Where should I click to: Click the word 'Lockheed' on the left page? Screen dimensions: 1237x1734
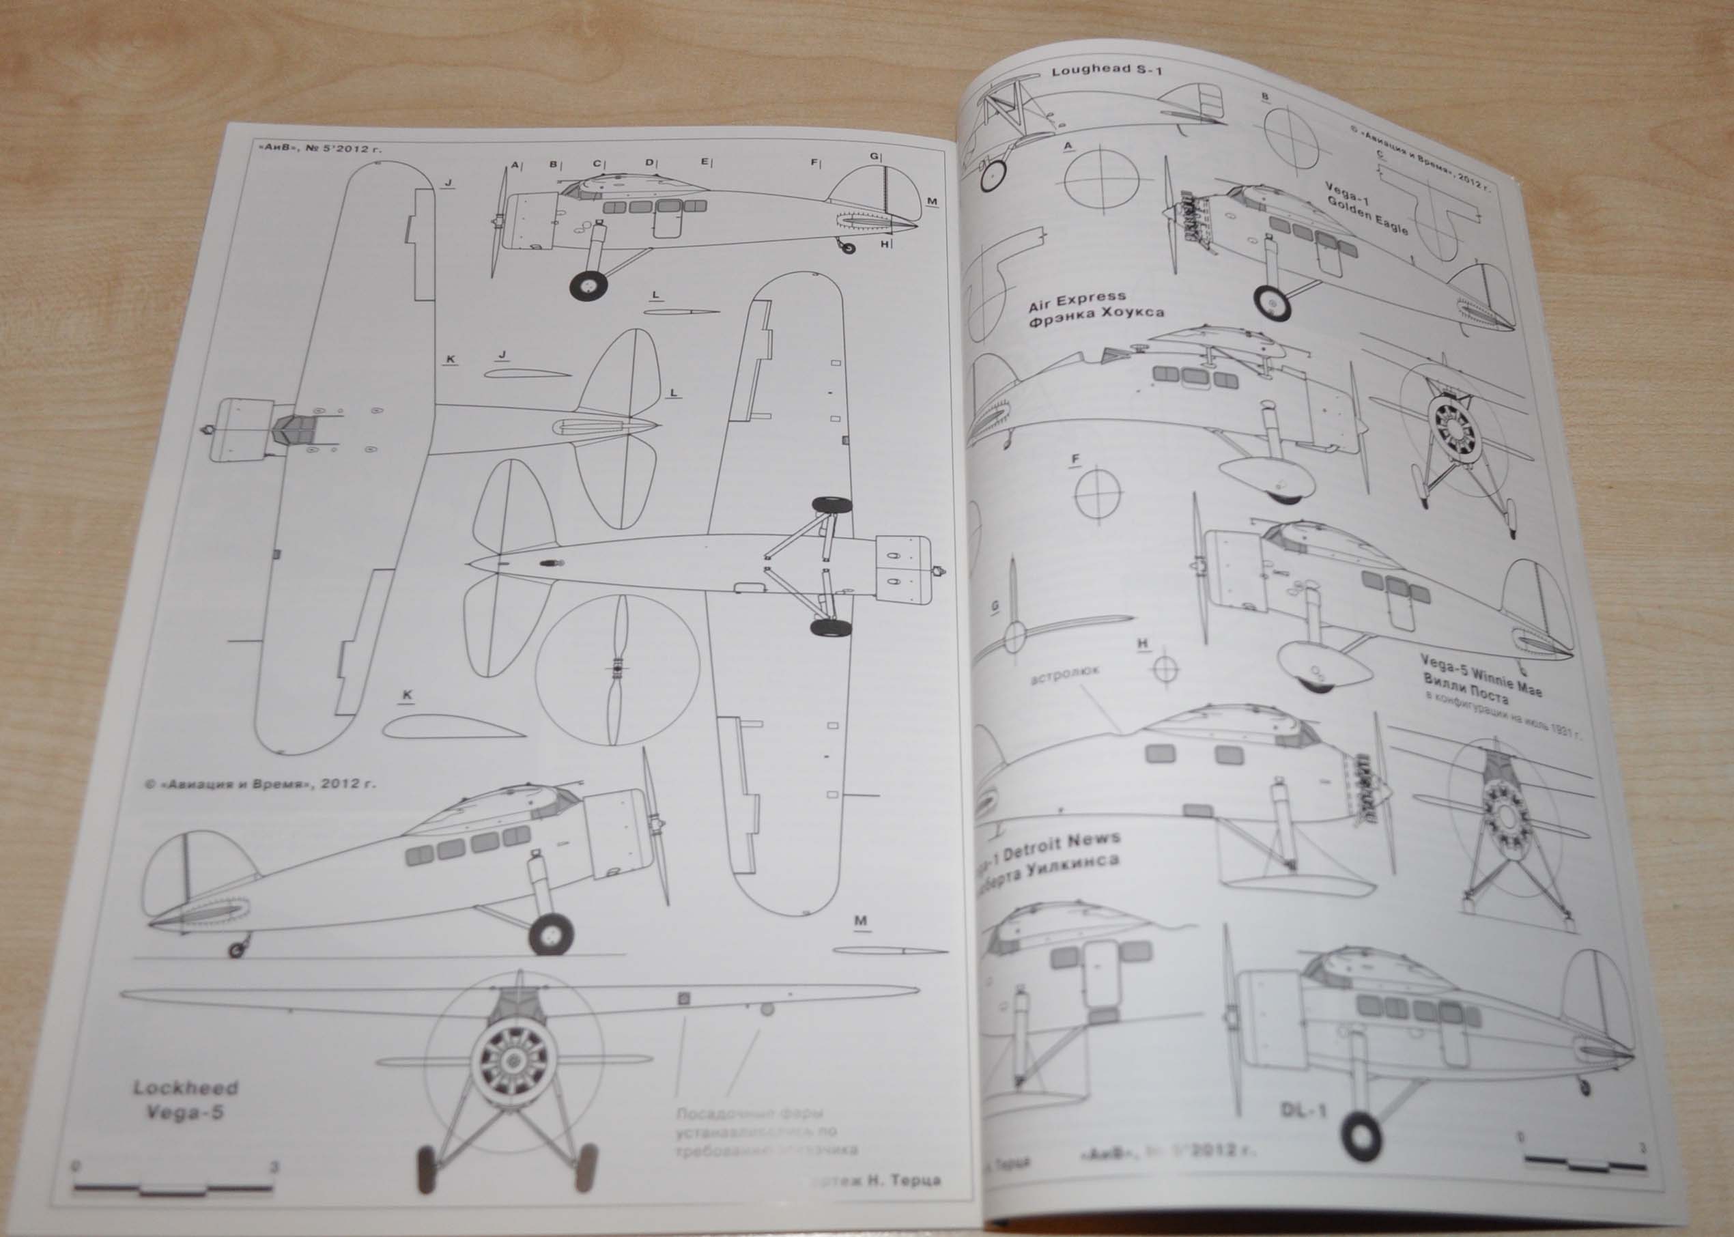[x=185, y=1087]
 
